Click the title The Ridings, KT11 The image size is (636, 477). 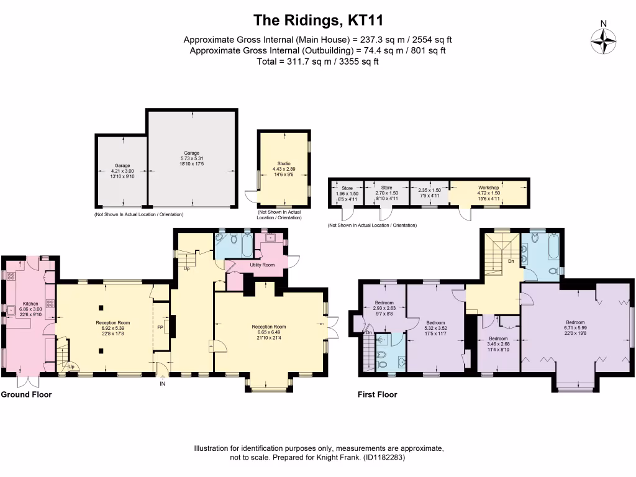click(x=317, y=21)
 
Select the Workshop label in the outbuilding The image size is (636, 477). click(x=488, y=187)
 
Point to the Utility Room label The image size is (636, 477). click(x=261, y=265)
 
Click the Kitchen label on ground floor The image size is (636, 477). click(x=30, y=303)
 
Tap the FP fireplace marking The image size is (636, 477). click(x=160, y=327)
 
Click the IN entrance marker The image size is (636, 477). click(x=163, y=384)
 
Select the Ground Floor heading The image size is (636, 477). click(x=26, y=394)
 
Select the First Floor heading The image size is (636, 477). click(x=377, y=394)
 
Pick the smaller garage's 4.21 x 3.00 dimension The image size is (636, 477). click(x=122, y=171)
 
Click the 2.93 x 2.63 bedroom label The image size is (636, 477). click(x=385, y=308)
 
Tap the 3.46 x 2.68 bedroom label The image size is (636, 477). click(x=499, y=343)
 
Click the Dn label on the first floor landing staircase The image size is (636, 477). click(x=511, y=261)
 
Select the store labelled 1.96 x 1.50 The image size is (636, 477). click(x=347, y=193)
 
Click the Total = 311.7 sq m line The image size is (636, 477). click(x=317, y=61)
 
